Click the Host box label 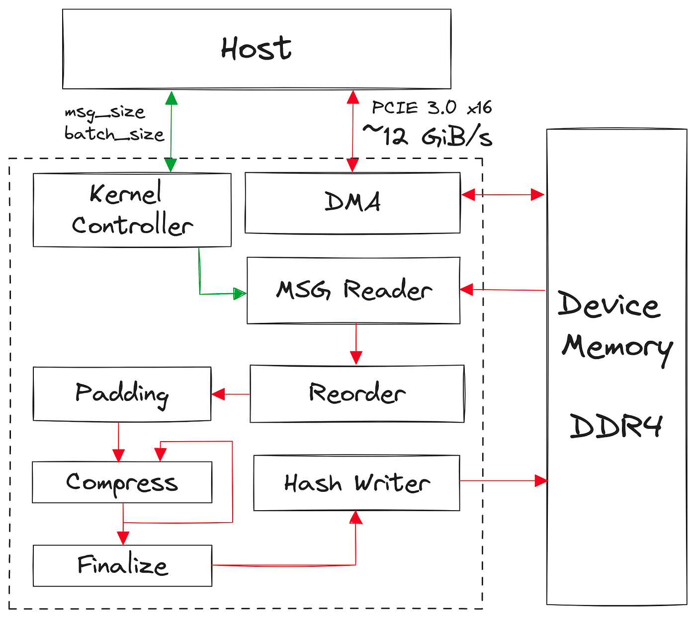pyautogui.click(x=256, y=48)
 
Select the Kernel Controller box pyautogui.click(x=132, y=210)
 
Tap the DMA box pyautogui.click(x=352, y=203)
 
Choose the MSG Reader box pyautogui.click(x=353, y=291)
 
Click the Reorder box pyautogui.click(x=357, y=393)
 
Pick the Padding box pyautogui.click(x=122, y=394)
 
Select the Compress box pyautogui.click(x=122, y=482)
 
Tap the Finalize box pyautogui.click(x=122, y=565)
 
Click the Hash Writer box pyautogui.click(x=356, y=483)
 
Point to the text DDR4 pyautogui.click(x=615, y=426)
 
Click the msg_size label pyautogui.click(x=105, y=113)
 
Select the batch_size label pyautogui.click(x=114, y=134)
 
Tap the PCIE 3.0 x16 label pyautogui.click(x=432, y=108)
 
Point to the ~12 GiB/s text pyautogui.click(x=428, y=135)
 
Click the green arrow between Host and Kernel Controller pyautogui.click(x=171, y=132)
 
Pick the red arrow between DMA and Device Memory pyautogui.click(x=503, y=195)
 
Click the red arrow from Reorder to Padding pyautogui.click(x=231, y=394)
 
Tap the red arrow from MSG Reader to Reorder pyautogui.click(x=356, y=344)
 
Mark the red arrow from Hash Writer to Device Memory pyautogui.click(x=504, y=481)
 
